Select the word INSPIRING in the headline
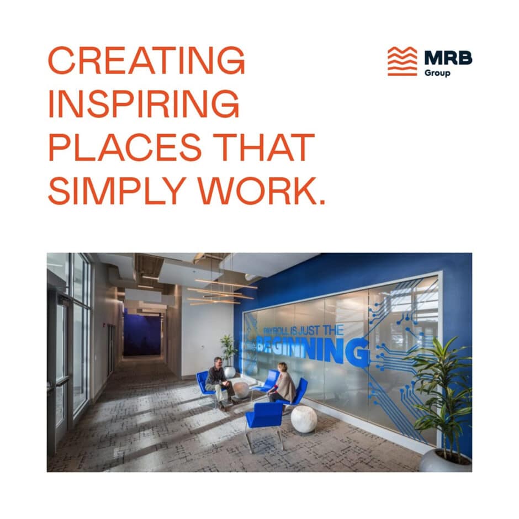144,103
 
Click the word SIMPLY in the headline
119,191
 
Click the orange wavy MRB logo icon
402,61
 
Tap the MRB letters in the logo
448,57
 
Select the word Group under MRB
437,73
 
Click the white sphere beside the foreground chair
304,419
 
